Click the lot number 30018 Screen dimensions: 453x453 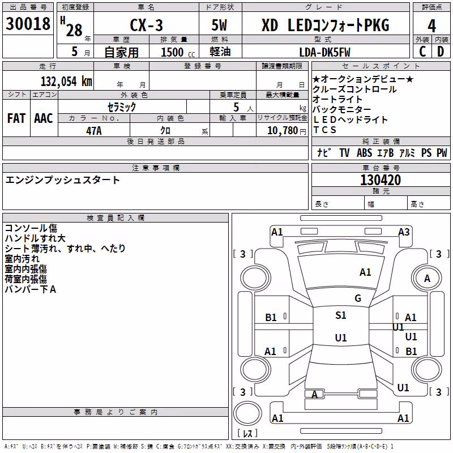(x=28, y=24)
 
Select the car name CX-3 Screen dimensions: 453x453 (x=147, y=25)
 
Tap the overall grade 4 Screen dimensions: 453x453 (x=431, y=26)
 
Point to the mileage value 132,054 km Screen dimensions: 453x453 (x=66, y=81)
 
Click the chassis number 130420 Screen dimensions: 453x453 (x=381, y=180)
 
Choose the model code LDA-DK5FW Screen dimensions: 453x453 (x=324, y=52)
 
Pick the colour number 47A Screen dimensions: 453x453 (x=94, y=131)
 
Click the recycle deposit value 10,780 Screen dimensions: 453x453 (x=282, y=131)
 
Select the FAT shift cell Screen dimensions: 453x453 (x=16, y=118)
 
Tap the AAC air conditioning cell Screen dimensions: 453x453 (x=44, y=118)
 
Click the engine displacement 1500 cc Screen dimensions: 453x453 (x=178, y=52)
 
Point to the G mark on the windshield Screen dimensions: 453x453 (x=358, y=298)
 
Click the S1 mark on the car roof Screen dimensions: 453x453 (x=341, y=315)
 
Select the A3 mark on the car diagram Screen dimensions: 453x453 (x=404, y=232)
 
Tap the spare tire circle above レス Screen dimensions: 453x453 (x=247, y=413)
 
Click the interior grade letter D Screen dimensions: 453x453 (x=441, y=52)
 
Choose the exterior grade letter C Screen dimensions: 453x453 (x=422, y=52)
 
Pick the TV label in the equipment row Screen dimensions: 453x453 (x=344, y=152)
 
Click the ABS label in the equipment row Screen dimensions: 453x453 (x=364, y=152)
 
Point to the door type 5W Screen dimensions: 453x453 (x=219, y=25)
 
